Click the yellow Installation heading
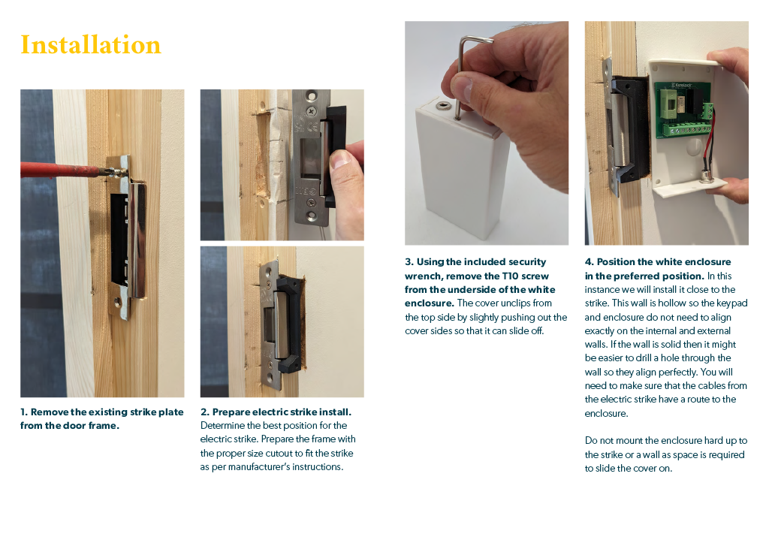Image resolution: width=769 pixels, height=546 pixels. [x=90, y=45]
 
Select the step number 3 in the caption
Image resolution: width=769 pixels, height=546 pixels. [x=409, y=262]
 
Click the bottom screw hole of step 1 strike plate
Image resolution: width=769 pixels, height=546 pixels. [x=118, y=304]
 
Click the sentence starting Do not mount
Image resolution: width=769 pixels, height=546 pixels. [x=665, y=454]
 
